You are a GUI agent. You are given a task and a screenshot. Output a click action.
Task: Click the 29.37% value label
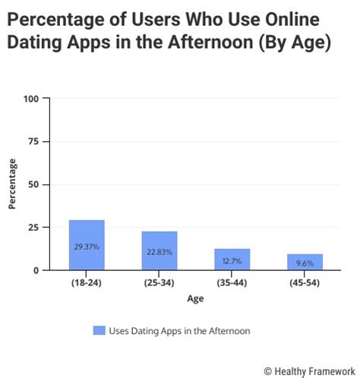(87, 247)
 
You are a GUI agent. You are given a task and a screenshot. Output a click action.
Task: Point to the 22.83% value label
(159, 252)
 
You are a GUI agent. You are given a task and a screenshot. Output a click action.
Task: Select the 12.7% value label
(232, 260)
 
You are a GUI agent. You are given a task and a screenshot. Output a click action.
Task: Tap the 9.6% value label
(305, 263)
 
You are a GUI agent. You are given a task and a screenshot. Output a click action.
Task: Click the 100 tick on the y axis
(31, 99)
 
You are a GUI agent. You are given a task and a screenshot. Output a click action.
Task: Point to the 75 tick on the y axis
(33, 142)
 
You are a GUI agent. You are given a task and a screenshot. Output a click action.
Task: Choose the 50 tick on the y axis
(33, 184)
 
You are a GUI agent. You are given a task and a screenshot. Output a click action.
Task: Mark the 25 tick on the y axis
(33, 228)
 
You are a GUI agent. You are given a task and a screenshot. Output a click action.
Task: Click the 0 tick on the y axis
(36, 270)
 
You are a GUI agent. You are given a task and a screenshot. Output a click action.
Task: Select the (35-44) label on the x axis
(232, 283)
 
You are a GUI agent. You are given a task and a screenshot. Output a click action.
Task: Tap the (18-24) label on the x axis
(87, 283)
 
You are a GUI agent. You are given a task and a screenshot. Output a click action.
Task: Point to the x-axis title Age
(195, 298)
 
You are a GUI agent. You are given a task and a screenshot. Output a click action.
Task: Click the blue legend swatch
(99, 330)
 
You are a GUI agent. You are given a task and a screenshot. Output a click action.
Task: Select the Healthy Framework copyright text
(309, 370)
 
